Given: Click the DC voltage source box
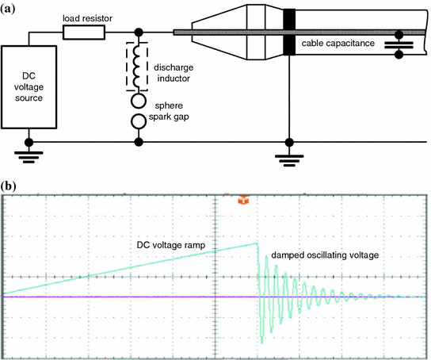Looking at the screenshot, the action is click(29, 87).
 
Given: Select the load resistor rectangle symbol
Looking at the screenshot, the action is click(84, 33).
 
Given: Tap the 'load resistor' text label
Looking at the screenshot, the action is click(87, 18).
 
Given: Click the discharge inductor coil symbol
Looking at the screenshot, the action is click(136, 66).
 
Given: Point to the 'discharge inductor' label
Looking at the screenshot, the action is click(174, 73).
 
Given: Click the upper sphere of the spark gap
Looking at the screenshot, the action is click(139, 101).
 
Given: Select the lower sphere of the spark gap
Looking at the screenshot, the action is click(139, 121).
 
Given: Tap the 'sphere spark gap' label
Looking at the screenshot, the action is click(169, 111).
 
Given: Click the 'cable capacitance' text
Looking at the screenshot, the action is click(338, 43).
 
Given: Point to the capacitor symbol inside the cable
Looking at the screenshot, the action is click(399, 45).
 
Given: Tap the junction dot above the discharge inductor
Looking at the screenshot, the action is click(139, 33).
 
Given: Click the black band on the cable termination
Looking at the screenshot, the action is click(289, 33).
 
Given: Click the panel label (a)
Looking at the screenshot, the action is click(7, 9).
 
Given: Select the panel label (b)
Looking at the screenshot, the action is click(8, 186).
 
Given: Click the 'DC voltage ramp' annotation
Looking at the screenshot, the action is click(171, 245).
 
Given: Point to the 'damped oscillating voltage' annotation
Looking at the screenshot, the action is click(325, 255).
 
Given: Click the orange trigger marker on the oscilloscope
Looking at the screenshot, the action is click(243, 199).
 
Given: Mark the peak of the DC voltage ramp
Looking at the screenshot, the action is click(257, 243).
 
